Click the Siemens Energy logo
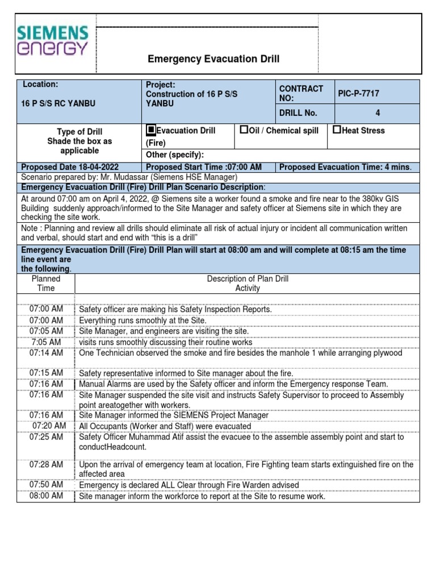coord(52,40)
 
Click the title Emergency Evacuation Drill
coord(213,59)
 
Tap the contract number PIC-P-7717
coord(358,93)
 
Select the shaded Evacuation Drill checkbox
coord(151,130)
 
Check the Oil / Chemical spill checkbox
coord(244,130)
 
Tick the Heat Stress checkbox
coord(337,130)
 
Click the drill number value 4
coord(378,113)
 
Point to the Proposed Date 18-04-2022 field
coord(70,167)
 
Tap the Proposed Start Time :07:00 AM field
coord(204,167)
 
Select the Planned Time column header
coord(46,283)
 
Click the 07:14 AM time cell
coord(47,353)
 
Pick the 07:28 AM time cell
coord(47,464)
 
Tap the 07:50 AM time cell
coord(47,485)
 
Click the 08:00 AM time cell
coord(47,496)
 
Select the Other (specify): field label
coord(175,155)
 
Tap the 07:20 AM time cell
coord(49,426)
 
